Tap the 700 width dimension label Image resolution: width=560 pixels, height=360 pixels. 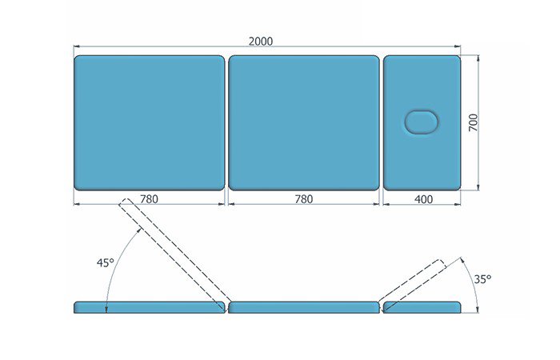point(473,122)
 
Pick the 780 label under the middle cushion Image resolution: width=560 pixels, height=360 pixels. point(304,198)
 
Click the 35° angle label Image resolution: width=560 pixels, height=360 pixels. point(482,279)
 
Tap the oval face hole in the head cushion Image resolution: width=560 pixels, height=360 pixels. point(421,122)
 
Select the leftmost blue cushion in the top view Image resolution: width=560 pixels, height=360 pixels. point(150,122)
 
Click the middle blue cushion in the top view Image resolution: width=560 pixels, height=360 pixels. point(304,122)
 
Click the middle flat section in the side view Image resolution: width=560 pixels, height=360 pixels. point(304,307)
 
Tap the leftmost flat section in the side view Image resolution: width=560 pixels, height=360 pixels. point(150,307)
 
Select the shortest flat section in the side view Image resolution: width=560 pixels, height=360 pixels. point(422,307)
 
